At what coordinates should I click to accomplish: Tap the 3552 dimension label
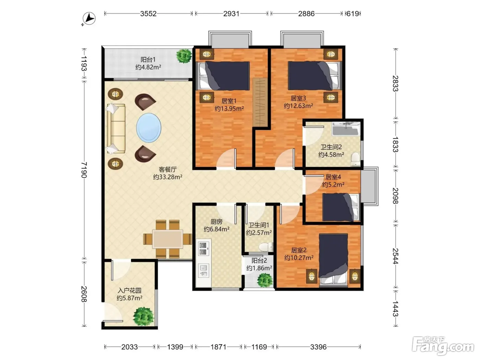click(148, 14)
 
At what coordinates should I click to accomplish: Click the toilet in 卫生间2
click(355, 159)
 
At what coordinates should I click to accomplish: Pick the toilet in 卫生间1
click(266, 247)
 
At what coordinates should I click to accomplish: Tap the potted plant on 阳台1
click(184, 56)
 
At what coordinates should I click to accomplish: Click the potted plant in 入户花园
click(144, 316)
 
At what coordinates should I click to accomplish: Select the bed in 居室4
click(341, 207)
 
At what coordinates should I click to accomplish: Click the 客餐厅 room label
click(168, 169)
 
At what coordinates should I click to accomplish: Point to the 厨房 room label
click(216, 221)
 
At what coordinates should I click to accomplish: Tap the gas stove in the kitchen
click(203, 249)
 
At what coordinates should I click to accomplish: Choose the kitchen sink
click(203, 271)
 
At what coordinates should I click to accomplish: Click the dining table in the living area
click(168, 239)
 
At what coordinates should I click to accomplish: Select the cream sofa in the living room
click(116, 129)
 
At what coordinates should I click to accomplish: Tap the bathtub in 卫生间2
click(346, 129)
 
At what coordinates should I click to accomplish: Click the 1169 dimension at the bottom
click(259, 347)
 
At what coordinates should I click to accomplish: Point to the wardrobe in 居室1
click(260, 102)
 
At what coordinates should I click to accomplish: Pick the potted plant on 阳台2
click(265, 280)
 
